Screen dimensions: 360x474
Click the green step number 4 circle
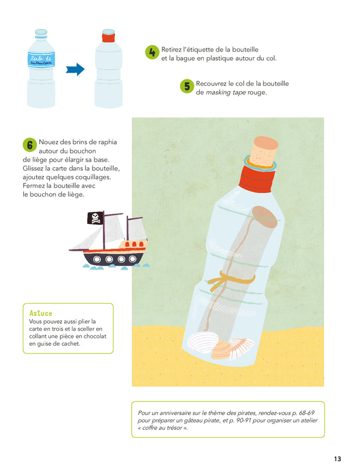(152, 52)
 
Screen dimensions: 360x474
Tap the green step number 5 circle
(187, 86)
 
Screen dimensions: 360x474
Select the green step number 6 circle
(30, 145)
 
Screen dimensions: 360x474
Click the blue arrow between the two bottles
(75, 69)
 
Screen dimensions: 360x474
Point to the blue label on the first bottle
(41, 59)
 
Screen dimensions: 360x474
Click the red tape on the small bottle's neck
(109, 38)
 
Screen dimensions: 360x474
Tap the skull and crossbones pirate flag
(96, 218)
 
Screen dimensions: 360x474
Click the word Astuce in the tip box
(41, 313)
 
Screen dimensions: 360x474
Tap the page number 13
(337, 459)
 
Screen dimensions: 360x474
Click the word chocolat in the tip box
(95, 336)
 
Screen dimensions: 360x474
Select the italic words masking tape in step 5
(226, 93)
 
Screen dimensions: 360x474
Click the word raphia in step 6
(107, 143)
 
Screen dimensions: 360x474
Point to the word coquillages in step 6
(93, 177)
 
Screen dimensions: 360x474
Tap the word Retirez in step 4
(171, 49)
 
